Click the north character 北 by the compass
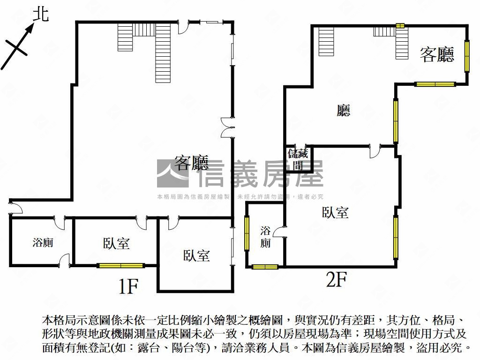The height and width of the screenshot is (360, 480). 41,15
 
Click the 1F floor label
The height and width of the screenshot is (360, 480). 127,286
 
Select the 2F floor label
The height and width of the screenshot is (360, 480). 336,280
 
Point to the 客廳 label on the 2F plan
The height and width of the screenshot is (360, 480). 437,55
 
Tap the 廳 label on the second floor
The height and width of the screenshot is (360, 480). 344,111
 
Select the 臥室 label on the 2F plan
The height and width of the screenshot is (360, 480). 335,212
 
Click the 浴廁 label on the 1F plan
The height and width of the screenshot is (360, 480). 43,242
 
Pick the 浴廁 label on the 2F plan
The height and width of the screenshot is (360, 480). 265,237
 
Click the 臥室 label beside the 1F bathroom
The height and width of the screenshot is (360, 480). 116,243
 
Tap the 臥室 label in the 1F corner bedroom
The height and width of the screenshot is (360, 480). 196,255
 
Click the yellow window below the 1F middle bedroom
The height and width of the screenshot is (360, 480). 120,266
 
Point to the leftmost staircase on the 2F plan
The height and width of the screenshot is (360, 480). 326,41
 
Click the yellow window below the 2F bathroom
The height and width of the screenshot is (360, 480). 265,267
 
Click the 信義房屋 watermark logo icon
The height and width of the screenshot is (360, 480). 172,173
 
